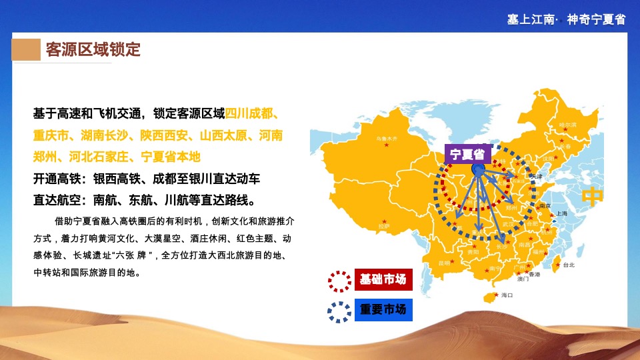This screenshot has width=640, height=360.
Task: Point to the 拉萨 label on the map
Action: pyautogui.click(x=384, y=226)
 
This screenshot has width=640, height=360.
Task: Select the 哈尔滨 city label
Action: pyautogui.click(x=567, y=125)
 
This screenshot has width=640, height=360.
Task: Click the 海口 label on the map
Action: pyautogui.click(x=506, y=295)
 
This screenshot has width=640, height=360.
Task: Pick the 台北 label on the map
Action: pyautogui.click(x=568, y=265)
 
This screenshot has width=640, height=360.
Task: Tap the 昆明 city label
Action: pyautogui.click(x=444, y=262)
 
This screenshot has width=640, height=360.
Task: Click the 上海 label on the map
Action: pyautogui.click(x=561, y=213)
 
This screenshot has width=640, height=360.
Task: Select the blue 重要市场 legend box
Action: pyautogui.click(x=383, y=309)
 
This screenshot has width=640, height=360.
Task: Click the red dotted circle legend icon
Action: pyautogui.click(x=340, y=281)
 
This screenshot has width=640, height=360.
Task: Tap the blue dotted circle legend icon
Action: pyautogui.click(x=340, y=311)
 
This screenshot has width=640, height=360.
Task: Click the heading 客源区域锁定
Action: pyautogui.click(x=93, y=50)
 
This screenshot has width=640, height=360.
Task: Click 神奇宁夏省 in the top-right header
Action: pyautogui.click(x=596, y=19)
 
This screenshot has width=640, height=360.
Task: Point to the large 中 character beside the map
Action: pyautogui.click(x=593, y=197)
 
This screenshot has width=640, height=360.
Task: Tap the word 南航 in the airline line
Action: pyautogui.click(x=107, y=200)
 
